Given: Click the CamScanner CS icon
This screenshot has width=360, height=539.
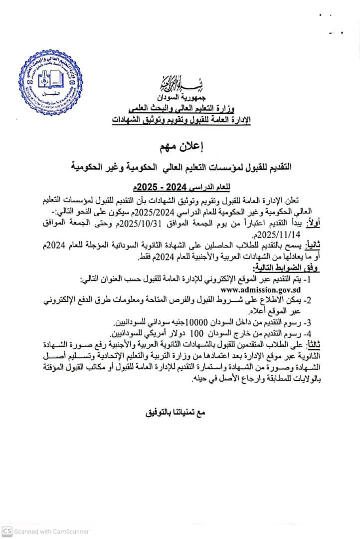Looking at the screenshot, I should pyautogui.click(x=6, y=532).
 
